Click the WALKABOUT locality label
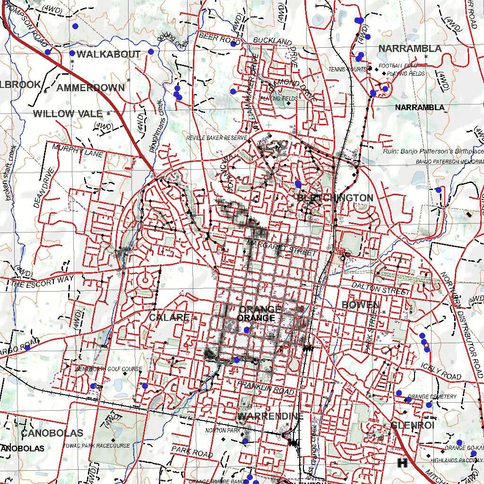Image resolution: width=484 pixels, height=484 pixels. click(108, 54)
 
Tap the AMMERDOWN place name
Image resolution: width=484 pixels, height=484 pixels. click(91, 88)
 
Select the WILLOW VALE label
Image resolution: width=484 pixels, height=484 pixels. click(68, 113)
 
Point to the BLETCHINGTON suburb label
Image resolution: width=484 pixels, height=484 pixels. click(335, 198)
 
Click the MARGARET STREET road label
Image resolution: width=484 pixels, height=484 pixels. click(281, 248)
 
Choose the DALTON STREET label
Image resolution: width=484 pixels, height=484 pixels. click(381, 288)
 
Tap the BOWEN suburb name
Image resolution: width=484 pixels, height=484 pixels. click(361, 305)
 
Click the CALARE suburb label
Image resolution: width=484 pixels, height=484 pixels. click(169, 317)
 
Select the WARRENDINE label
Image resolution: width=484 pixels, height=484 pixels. click(270, 416)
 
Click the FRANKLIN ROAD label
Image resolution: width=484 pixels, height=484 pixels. click(266, 388)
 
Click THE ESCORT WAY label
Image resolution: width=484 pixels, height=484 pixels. click(43, 282)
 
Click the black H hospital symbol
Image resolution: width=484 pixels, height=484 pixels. click(403, 463)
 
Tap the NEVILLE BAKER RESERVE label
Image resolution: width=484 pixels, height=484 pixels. click(216, 138)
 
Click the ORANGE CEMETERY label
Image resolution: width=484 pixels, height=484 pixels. click(432, 397)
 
